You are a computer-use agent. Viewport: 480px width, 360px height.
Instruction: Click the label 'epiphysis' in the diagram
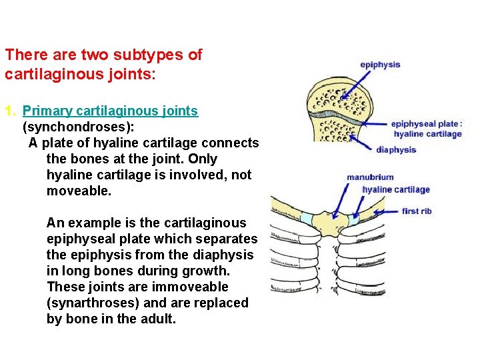pos(380,65)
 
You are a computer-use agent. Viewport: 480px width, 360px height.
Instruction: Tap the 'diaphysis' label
pos(396,150)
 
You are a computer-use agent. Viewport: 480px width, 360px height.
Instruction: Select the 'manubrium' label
pos(370,177)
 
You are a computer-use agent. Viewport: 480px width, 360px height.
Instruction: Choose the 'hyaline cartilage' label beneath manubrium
pos(396,189)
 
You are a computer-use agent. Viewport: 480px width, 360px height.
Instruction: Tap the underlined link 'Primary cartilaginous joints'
pos(110,111)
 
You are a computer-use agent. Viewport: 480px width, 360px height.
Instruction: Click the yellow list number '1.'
pos(10,111)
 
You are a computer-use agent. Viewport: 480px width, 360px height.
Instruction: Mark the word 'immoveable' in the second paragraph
pos(194,287)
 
